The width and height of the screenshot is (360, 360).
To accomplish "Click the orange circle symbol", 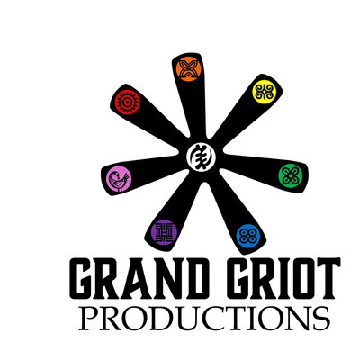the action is click(x=188, y=68).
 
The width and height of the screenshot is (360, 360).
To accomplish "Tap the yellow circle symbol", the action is click(x=264, y=92).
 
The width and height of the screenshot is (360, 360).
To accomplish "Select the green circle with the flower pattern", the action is click(x=291, y=175).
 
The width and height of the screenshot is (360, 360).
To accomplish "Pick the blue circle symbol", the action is click(x=248, y=237).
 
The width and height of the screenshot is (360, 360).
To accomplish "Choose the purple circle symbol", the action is click(x=164, y=232).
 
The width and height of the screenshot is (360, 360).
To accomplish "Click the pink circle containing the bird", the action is click(x=119, y=179).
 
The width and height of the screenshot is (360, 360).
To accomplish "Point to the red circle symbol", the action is click(x=127, y=103).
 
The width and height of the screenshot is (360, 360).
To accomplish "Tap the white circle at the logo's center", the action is click(x=201, y=157).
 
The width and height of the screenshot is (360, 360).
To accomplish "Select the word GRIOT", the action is click(x=283, y=278).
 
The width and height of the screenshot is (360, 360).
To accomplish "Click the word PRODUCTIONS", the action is click(x=204, y=318).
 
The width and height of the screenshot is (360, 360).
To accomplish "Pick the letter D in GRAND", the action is click(x=193, y=278).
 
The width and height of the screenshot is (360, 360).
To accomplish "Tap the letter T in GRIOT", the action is click(x=326, y=278).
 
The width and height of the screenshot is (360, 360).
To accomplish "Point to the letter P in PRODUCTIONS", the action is click(x=88, y=319).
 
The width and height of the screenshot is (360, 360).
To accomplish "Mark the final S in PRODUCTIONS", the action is click(x=321, y=319).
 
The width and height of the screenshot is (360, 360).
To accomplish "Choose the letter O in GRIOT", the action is click(x=295, y=278).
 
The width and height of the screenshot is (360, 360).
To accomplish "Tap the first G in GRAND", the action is click(x=83, y=278).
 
